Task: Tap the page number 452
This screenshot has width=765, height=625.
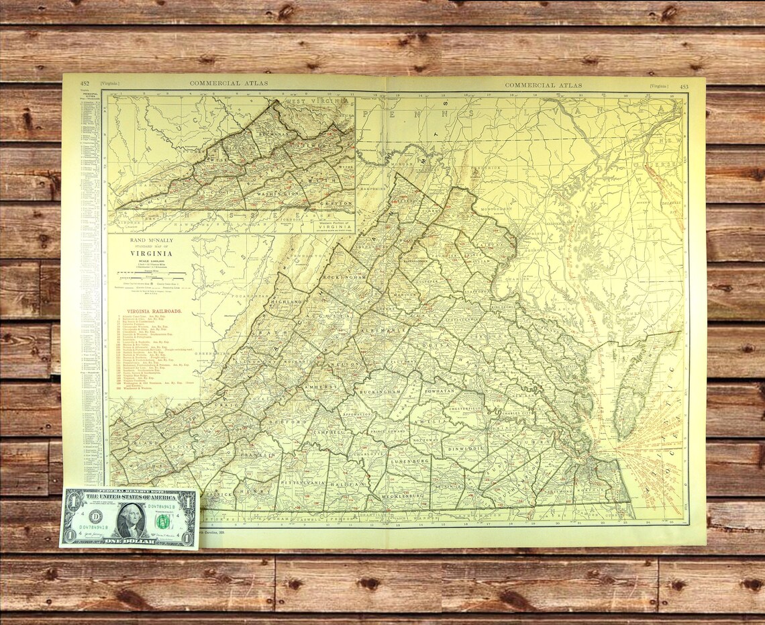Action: (x=85, y=84)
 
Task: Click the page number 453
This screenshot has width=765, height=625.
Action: (x=683, y=86)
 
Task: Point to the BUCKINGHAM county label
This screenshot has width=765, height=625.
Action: (x=380, y=390)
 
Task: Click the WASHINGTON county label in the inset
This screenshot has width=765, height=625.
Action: (x=276, y=193)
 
